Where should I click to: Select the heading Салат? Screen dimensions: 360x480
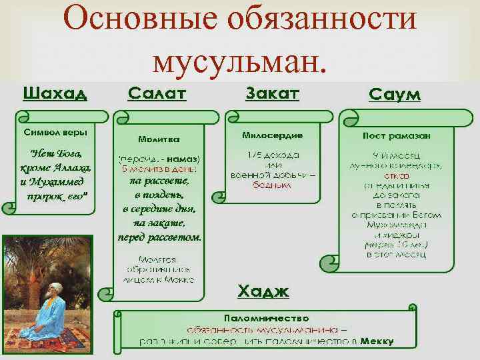click(x=157, y=93)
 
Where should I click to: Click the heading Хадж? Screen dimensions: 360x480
click(x=263, y=291)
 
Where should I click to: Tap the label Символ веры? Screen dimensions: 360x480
click(x=56, y=131)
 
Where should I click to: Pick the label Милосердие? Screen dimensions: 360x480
click(x=272, y=135)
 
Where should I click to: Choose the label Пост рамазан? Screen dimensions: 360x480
click(x=397, y=135)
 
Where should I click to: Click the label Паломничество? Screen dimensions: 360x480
click(x=266, y=319)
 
